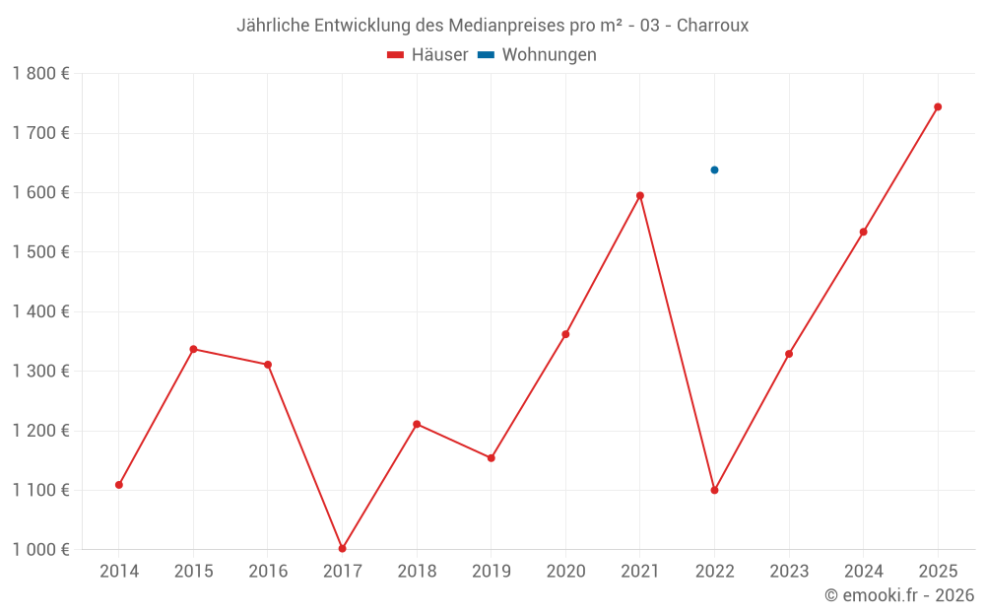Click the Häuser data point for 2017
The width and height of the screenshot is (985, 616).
pyautogui.click(x=342, y=548)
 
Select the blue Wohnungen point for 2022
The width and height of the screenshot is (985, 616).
pyautogui.click(x=714, y=170)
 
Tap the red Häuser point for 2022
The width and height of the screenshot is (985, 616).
pyautogui.click(x=714, y=490)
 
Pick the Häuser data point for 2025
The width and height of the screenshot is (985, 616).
pyautogui.click(x=938, y=106)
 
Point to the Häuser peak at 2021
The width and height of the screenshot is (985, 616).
pyautogui.click(x=640, y=195)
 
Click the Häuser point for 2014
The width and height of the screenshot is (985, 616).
pyautogui.click(x=119, y=485)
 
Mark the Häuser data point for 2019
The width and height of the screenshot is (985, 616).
pyautogui.click(x=491, y=457)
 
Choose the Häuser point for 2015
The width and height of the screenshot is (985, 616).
pyautogui.click(x=193, y=349)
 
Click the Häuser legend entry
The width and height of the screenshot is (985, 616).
pyautogui.click(x=427, y=55)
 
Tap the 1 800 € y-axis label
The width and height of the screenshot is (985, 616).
pyautogui.click(x=40, y=74)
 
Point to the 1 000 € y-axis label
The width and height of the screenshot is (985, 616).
pyautogui.click(x=40, y=550)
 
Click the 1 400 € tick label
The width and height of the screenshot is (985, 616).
pyautogui.click(x=40, y=311)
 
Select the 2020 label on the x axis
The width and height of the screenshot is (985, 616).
pyautogui.click(x=565, y=572)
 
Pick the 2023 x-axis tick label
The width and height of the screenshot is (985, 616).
pyautogui.click(x=789, y=572)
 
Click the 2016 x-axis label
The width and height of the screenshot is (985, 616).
pyautogui.click(x=268, y=572)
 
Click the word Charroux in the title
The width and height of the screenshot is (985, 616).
pyautogui.click(x=712, y=26)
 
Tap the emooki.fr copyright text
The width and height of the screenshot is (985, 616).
pyautogui.click(x=899, y=595)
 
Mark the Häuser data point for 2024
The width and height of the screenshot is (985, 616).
pyautogui.click(x=864, y=232)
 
